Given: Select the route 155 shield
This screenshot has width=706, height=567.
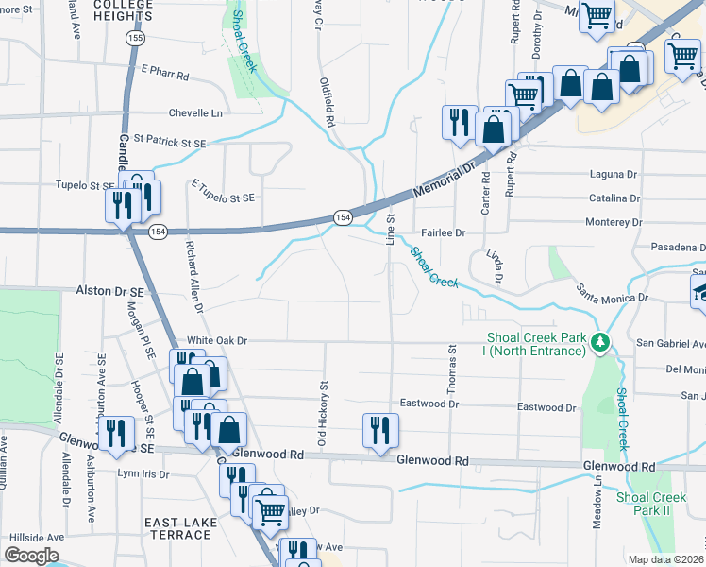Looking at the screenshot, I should [x=138, y=38].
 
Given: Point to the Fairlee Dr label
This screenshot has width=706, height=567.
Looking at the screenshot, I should [x=444, y=232].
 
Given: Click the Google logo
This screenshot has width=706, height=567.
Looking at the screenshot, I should [x=31, y=556].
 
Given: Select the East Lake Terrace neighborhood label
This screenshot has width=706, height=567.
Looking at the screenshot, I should [x=178, y=528].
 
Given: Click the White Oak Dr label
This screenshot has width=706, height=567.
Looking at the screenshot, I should [x=216, y=340].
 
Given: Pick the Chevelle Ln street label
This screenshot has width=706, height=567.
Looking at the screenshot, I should [x=194, y=113].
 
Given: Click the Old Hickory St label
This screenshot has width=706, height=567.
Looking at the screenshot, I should [x=323, y=415].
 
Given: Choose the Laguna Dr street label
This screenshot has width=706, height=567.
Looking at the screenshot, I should [x=614, y=175].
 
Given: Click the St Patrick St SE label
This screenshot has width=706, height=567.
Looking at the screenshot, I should [x=169, y=142].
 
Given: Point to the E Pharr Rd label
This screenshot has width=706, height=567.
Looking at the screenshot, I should [x=165, y=73].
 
